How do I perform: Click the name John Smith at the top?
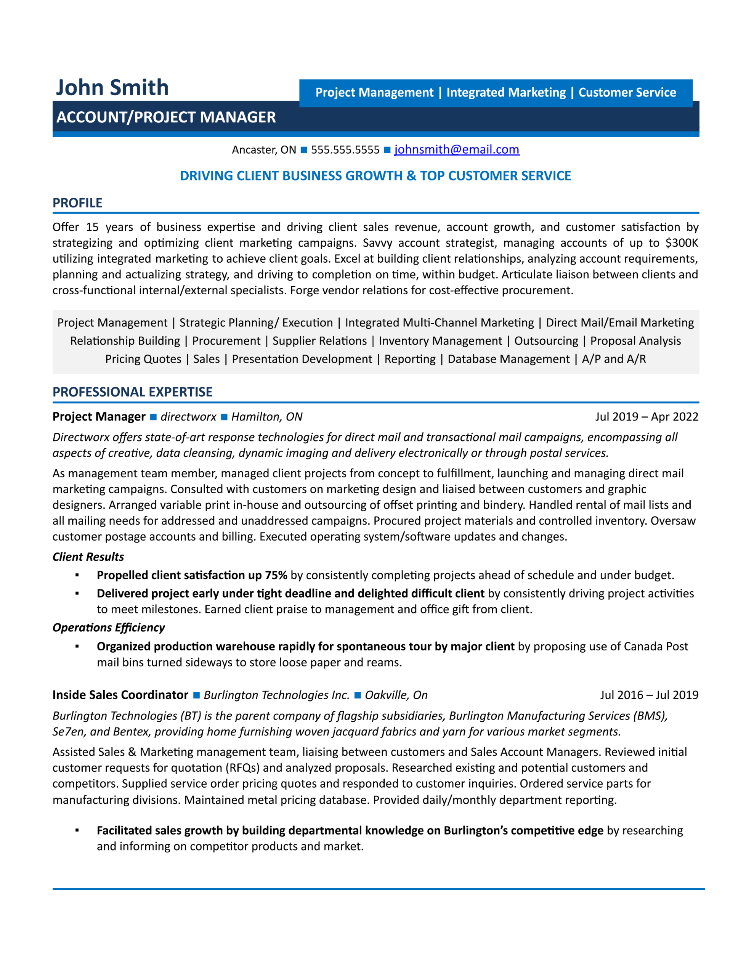(112, 88)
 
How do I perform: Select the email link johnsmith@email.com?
(456, 149)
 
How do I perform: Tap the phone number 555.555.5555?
(345, 150)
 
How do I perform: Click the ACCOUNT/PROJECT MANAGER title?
(166, 117)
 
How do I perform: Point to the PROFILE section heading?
(77, 203)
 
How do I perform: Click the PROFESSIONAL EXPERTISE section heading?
(132, 392)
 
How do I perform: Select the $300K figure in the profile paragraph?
(682, 242)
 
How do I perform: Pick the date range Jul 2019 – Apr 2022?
(646, 416)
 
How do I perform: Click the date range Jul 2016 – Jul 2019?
(649, 695)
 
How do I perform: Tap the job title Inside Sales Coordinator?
(120, 695)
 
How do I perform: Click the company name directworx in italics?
(188, 416)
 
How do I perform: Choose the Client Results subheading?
(88, 557)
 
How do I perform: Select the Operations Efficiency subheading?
(109, 628)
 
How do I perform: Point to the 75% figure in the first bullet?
(276, 575)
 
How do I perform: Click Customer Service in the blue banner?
(627, 93)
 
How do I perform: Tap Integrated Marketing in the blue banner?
(506, 93)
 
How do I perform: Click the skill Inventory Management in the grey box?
(440, 341)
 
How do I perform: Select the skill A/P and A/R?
(614, 359)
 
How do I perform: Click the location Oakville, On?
(396, 695)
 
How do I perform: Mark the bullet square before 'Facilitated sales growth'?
(77, 830)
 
